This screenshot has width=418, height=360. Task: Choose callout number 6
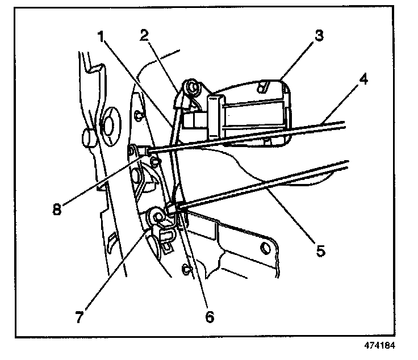click(x=210, y=315)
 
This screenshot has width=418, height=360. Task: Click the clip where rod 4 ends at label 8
click(x=136, y=150)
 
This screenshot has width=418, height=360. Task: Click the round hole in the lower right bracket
click(x=264, y=248)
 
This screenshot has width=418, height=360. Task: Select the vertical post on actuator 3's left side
click(x=215, y=116)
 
